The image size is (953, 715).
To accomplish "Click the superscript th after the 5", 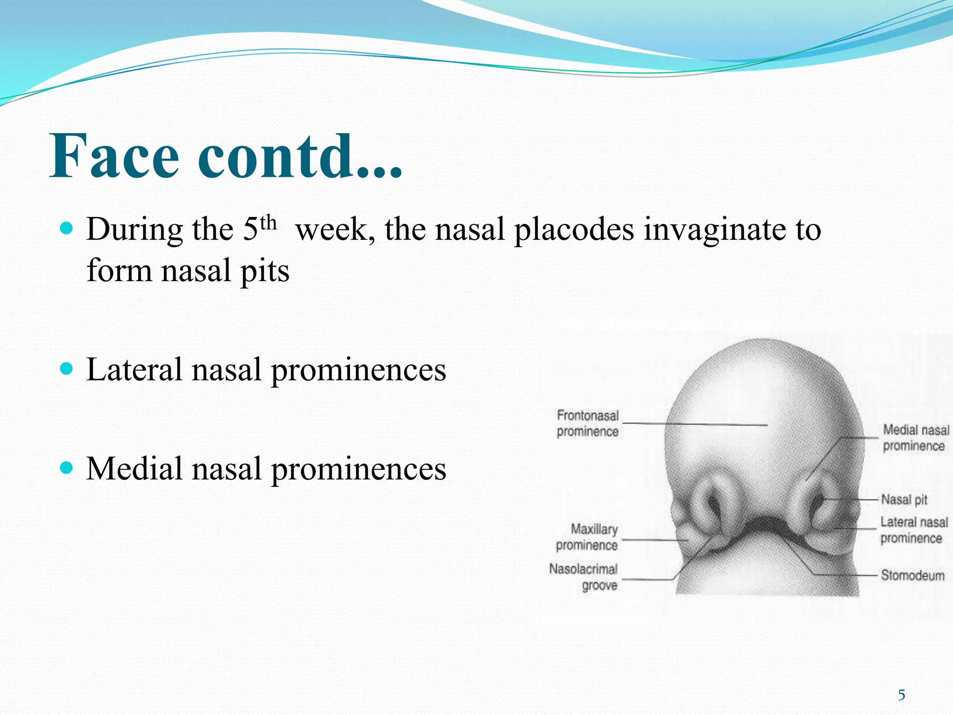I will coord(268,223).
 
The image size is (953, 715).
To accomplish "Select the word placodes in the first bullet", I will coord(574,230).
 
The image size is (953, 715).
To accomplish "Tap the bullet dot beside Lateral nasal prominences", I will coord(67,369).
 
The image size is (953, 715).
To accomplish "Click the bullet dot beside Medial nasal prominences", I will coord(67,468).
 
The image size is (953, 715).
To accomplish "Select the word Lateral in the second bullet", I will coord(134,370).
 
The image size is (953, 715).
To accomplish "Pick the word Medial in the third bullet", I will coord(134,469).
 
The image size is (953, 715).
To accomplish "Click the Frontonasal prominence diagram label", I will coord(588,424).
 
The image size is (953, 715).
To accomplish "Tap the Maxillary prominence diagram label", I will coord(587,537).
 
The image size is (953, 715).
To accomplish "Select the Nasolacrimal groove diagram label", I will coord(584,577).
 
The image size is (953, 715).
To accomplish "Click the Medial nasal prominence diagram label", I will coord(915,438).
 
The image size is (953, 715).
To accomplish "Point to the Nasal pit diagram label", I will coord(904,500).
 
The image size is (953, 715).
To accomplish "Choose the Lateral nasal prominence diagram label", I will coord(913,530).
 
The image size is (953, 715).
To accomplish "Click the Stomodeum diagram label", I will coord(913,576).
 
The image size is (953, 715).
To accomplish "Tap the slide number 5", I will coord(901,695).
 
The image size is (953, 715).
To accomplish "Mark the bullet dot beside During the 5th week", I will coord(67,228).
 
